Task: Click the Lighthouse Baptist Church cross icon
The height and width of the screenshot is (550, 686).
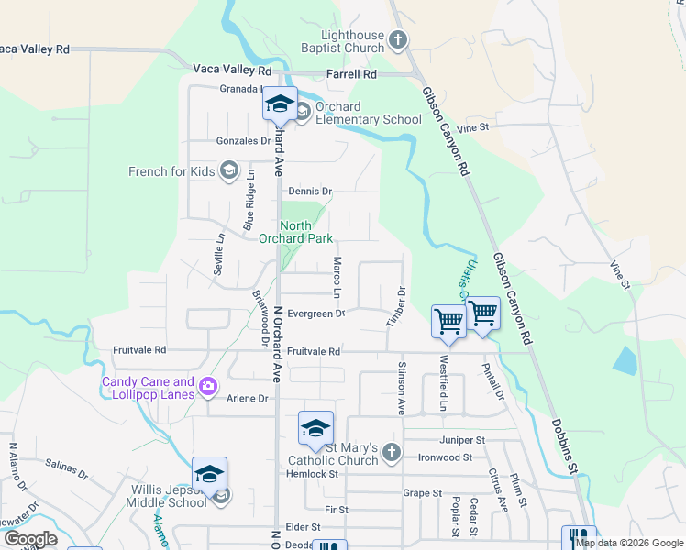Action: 398,39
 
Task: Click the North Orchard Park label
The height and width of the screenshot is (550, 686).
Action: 293,232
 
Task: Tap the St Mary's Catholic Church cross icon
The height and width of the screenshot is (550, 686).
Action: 392,452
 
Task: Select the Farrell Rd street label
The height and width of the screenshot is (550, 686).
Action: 352,73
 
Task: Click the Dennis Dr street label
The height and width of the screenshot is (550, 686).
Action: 310,192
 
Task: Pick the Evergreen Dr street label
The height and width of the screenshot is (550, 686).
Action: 315,313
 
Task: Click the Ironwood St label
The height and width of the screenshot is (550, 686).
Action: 445,456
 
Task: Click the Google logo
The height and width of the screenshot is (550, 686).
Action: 30,539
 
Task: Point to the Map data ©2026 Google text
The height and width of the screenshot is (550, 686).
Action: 628,543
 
